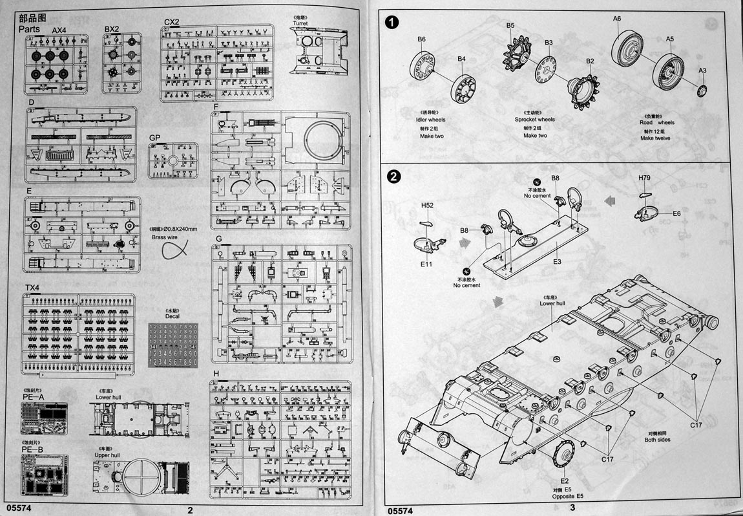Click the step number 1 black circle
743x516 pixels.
coord(392,23)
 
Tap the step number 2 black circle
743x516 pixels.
coord(392,176)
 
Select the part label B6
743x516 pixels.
coord(421,39)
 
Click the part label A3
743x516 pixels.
coord(702,70)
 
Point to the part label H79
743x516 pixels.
coord(644,178)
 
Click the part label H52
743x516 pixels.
coord(427,206)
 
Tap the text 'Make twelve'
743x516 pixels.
coord(655,138)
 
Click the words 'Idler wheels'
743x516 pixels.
coord(430,120)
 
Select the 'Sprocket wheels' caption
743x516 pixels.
coord(534,120)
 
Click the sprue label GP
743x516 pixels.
coord(154,138)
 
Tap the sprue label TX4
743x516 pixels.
coord(32,287)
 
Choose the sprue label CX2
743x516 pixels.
coord(171,22)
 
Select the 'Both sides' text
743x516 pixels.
coord(658,440)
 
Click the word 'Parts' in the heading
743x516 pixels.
coord(30,30)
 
